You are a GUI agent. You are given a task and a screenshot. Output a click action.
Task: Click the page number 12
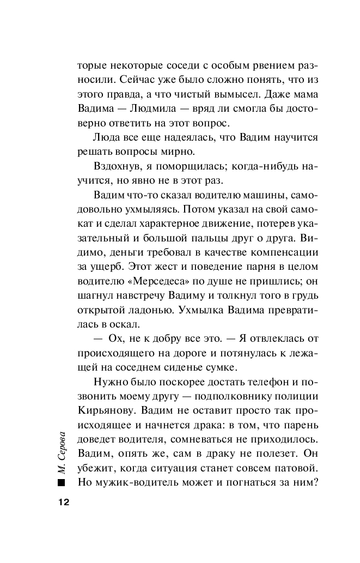coord(61,501)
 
